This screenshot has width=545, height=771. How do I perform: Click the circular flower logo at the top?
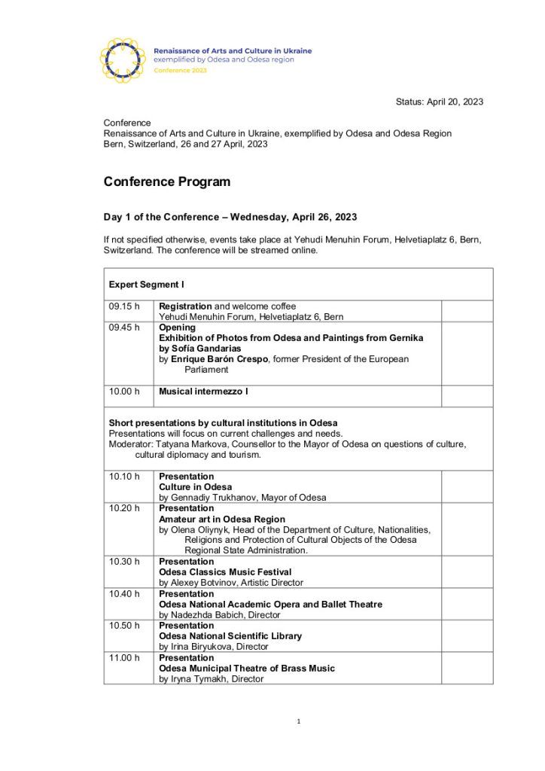click(x=123, y=59)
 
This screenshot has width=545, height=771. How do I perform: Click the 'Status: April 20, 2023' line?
click(x=439, y=102)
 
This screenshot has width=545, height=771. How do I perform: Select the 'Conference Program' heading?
click(x=167, y=181)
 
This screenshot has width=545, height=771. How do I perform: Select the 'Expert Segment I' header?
click(x=146, y=285)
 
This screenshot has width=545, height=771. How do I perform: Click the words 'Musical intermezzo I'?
click(x=203, y=392)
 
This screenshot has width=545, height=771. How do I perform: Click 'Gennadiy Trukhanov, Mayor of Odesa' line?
click(x=242, y=498)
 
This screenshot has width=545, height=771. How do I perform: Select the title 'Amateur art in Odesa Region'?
click(x=222, y=519)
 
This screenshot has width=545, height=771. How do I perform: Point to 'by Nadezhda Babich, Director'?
click(x=219, y=615)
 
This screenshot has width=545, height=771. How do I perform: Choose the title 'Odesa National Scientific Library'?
click(x=230, y=636)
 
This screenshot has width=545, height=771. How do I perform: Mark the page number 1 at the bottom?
click(x=298, y=722)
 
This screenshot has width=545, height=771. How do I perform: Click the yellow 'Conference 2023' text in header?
click(x=180, y=70)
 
